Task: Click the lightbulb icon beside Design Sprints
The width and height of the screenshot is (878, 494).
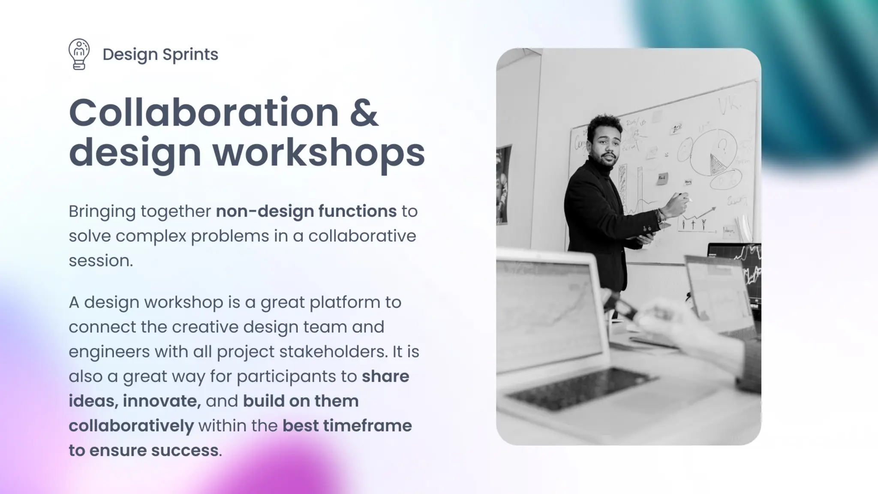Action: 79,54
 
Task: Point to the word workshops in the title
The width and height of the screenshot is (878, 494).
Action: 319,153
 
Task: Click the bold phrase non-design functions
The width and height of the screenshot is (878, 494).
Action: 306,211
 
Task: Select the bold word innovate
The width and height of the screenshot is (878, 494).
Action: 162,401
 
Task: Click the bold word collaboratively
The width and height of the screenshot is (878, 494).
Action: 131,426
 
